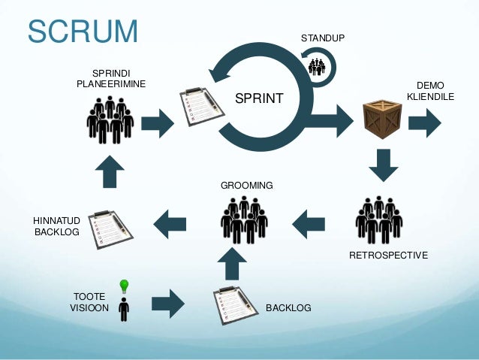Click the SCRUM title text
[83, 32]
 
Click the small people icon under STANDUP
[317, 66]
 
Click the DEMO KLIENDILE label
[430, 91]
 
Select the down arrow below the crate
[383, 165]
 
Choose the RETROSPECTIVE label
[388, 256]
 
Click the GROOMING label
[246, 185]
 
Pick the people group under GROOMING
[244, 219]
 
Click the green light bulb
[124, 285]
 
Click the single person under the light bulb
[124, 308]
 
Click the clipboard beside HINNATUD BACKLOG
[110, 228]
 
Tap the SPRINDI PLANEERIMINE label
[110, 77]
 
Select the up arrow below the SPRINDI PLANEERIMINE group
[110, 171]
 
